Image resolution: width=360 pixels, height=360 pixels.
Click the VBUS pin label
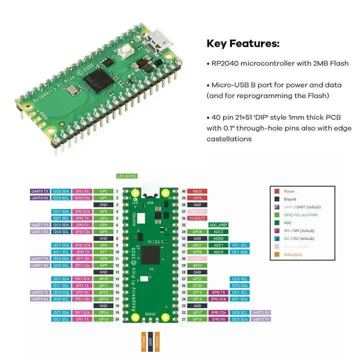tap(197, 191)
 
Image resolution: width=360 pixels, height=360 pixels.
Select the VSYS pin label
tap(197, 198)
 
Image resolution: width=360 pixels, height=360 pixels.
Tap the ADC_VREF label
tap(218, 225)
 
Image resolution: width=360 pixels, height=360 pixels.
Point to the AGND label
tap(218, 238)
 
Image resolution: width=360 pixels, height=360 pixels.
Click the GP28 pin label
tap(197, 232)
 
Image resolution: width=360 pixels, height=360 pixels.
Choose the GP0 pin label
tap(103, 191)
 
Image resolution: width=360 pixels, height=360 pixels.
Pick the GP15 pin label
tap(103, 319)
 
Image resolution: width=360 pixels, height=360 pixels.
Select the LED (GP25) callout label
tap(126, 176)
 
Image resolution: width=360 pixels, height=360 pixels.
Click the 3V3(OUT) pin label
tap(197, 218)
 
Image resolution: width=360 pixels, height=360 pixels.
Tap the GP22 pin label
tap(197, 265)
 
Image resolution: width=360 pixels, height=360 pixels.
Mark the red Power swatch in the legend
tap(277, 191)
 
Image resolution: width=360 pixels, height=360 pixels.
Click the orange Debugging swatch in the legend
tap(277, 254)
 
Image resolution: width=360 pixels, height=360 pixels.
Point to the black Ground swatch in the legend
tap(277, 199)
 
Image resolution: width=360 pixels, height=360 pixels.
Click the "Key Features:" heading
tap(243, 44)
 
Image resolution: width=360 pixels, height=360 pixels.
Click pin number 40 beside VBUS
tap(183, 191)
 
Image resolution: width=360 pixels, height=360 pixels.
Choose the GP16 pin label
tap(197, 319)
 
